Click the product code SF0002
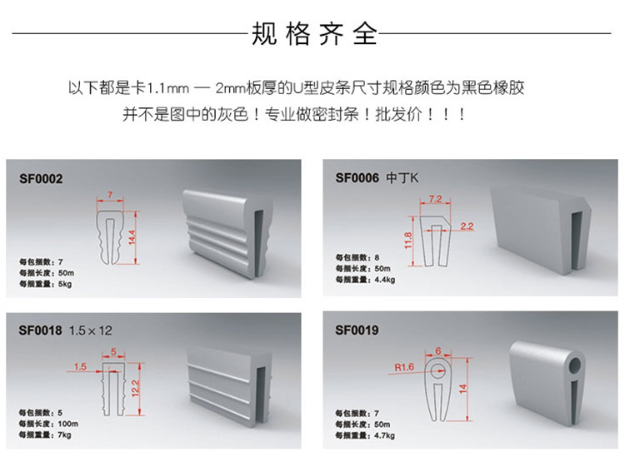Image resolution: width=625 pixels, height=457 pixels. tap(41, 178)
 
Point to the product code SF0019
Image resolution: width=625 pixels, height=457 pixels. tap(357, 330)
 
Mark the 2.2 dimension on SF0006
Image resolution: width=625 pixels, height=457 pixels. tap(466, 226)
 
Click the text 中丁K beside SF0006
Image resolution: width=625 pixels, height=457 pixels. tap(402, 178)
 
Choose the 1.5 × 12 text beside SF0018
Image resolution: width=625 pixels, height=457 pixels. tap(90, 330)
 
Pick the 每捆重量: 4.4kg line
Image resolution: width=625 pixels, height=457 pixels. tap(366, 280)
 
